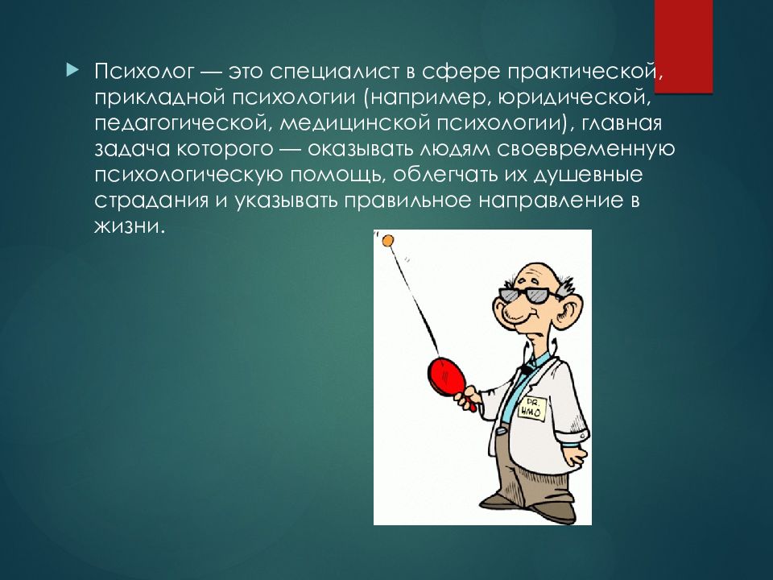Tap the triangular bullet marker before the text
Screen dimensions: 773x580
72,70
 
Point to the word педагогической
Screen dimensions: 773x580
182,123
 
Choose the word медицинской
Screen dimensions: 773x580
355,123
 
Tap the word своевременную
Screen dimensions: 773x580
585,149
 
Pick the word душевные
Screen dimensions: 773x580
589,175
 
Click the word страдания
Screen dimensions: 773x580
151,201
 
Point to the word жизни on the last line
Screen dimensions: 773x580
127,226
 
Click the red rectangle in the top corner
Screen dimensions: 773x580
684,46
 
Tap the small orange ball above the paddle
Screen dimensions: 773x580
387,241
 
